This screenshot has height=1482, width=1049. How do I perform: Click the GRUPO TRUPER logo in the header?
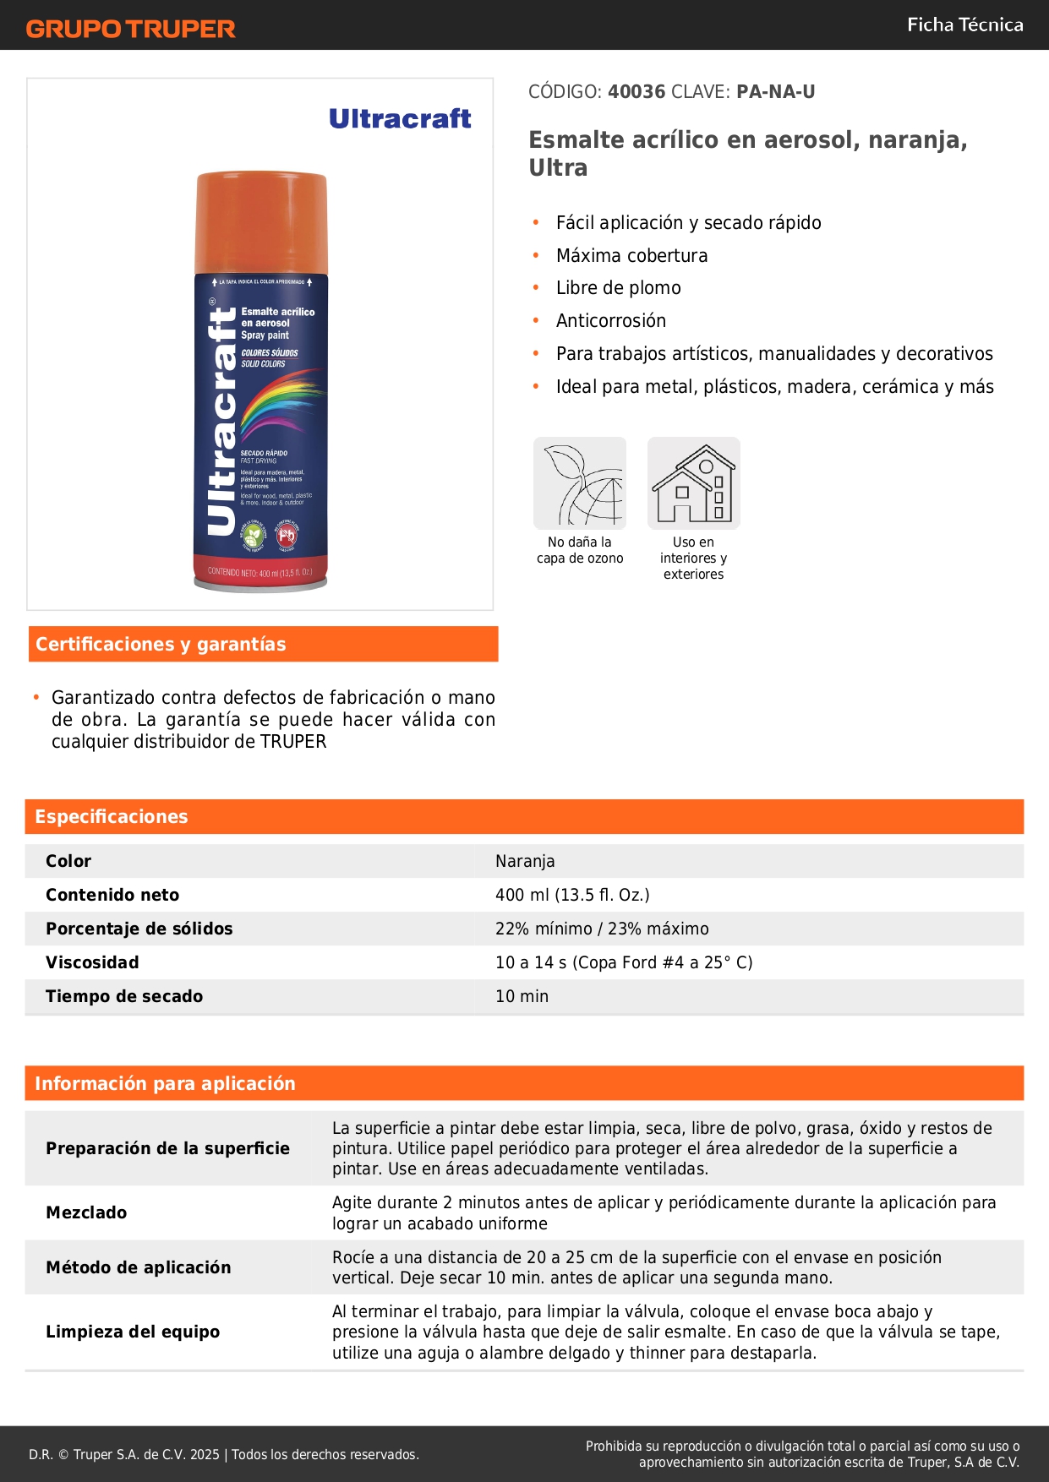point(130,29)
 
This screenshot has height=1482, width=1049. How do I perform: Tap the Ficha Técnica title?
point(964,25)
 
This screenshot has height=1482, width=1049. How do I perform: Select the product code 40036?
point(637,91)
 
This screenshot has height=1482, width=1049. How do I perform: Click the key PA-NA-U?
point(775,91)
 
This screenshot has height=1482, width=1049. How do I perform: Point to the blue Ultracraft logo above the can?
point(400,118)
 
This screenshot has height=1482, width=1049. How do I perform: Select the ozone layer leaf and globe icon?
point(580,482)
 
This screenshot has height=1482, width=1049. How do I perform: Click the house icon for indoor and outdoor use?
point(693,482)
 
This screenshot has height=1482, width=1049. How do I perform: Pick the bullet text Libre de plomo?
point(618,288)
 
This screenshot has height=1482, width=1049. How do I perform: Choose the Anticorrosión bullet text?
point(610,321)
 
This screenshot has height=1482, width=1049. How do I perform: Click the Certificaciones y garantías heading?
point(161,644)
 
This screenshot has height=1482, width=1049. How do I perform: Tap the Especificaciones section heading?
point(112,816)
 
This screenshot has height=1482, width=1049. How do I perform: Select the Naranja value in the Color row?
point(525,861)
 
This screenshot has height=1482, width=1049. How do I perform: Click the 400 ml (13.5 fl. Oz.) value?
point(572,895)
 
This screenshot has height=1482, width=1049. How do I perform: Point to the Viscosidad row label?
point(92,962)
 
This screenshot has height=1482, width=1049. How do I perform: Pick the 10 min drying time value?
point(522,996)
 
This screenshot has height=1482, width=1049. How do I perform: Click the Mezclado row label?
point(86,1212)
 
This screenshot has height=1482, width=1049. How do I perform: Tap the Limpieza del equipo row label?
point(133,1332)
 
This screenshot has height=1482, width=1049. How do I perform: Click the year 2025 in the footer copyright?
point(205,1454)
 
